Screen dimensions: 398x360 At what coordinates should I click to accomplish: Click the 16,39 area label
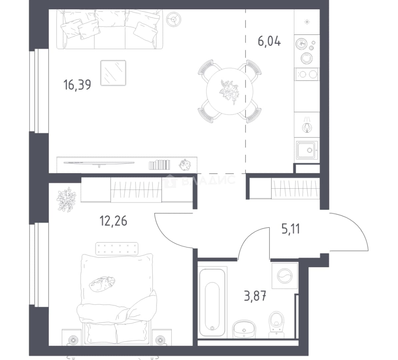pyautogui.click(x=77, y=85)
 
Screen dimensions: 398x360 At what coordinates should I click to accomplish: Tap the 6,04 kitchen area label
pyautogui.click(x=269, y=41)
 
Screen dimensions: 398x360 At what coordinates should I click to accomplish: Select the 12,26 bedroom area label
pyautogui.click(x=113, y=221)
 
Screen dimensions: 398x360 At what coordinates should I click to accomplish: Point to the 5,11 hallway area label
pyautogui.click(x=291, y=229)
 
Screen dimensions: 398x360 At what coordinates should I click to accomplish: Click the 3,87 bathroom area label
pyautogui.click(x=255, y=296)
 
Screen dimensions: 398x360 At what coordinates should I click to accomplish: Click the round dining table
pyautogui.click(x=230, y=91)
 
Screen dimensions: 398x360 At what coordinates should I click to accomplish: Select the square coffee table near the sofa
pyautogui.click(x=113, y=73)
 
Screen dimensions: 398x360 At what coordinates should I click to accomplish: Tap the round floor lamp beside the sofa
pyautogui.click(x=174, y=19)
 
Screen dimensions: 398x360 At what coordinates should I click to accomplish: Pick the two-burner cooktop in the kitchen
pyautogui.click(x=307, y=74)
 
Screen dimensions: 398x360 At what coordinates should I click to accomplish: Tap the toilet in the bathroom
pyautogui.click(x=276, y=325)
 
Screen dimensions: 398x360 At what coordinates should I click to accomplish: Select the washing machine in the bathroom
pyautogui.click(x=285, y=276)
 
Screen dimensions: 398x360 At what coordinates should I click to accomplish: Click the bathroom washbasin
pyautogui.click(x=244, y=329)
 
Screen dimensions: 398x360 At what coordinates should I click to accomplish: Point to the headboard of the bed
pyautogui.click(x=117, y=249)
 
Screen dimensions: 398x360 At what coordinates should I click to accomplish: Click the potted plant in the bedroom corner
pyautogui.click(x=66, y=200)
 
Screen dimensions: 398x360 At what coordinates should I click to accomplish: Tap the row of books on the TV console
pyautogui.click(x=159, y=165)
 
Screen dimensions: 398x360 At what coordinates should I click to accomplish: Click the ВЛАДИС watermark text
pyautogui.click(x=209, y=181)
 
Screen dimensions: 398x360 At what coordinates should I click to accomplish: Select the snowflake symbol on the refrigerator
pyautogui.click(x=307, y=22)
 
